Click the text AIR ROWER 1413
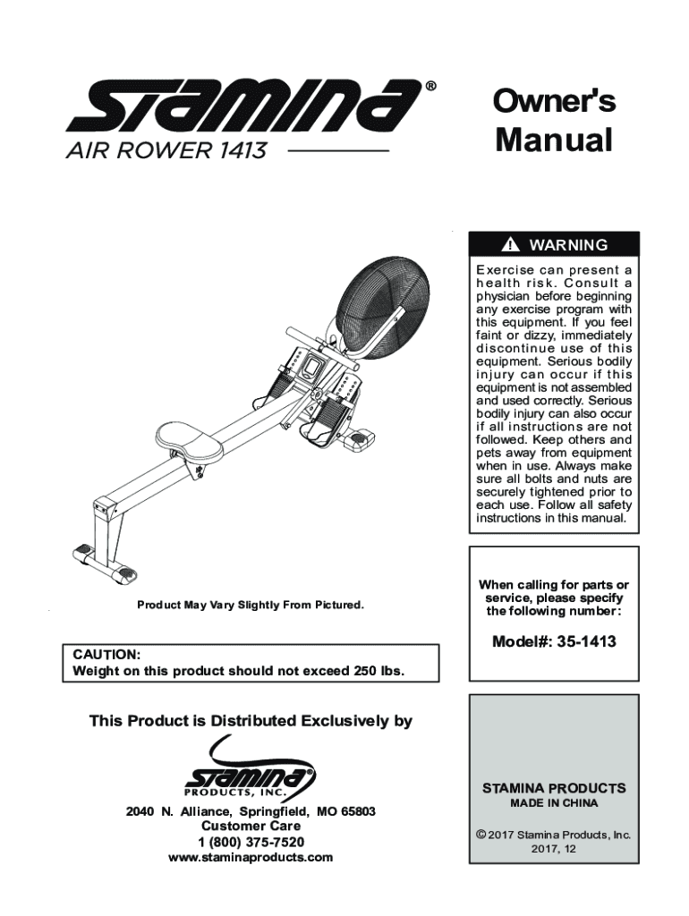pos(166,151)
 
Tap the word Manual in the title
pos(554,140)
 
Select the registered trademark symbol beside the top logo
pos(430,87)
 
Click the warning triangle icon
pos(511,245)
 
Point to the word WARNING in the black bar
pos(568,245)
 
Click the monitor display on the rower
pos(315,367)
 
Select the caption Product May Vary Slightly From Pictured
pos(251,606)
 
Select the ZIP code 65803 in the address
pos(357,811)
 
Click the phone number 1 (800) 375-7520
pos(251,842)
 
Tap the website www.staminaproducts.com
pos(251,857)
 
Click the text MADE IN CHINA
pos(554,803)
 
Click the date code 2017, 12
pos(554,849)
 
